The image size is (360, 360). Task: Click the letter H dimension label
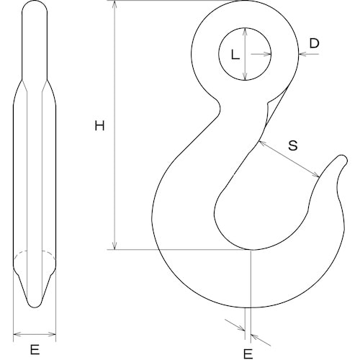100,126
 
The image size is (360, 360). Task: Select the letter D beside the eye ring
313,44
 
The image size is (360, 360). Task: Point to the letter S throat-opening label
293,145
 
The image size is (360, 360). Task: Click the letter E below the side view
35,352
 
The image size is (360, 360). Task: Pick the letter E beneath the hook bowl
248,353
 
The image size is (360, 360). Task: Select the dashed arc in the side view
35,253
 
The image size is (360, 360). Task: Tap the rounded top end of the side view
35,5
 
